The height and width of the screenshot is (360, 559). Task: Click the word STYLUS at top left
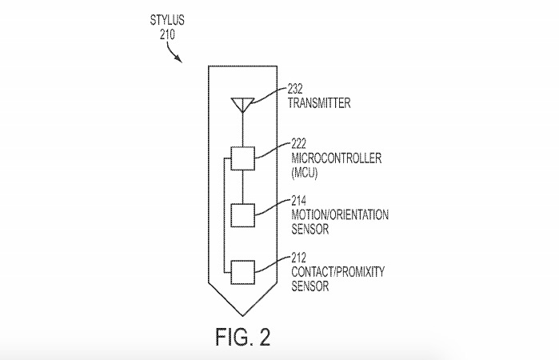167,20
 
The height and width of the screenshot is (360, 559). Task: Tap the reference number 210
167,34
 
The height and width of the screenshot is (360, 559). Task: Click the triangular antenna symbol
242,105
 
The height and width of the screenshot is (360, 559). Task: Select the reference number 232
295,89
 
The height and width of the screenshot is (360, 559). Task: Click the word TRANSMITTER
319,102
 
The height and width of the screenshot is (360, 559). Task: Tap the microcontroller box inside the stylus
243,158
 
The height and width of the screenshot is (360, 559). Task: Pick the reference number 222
299,144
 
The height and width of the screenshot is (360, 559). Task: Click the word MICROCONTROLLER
336,158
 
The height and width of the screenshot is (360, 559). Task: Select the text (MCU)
305,173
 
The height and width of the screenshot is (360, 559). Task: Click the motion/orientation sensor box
243,215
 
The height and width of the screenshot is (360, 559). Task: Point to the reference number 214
299,201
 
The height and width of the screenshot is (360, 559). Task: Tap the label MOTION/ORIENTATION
340,214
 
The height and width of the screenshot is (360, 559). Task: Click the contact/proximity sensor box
243,272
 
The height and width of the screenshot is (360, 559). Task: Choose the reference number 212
299,258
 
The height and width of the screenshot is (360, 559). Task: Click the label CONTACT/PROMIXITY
338,272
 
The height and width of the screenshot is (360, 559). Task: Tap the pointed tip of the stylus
243,316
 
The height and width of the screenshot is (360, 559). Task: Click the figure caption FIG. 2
243,337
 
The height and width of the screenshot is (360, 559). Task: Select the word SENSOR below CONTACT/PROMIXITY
310,286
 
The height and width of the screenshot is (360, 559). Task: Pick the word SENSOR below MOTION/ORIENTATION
310,229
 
